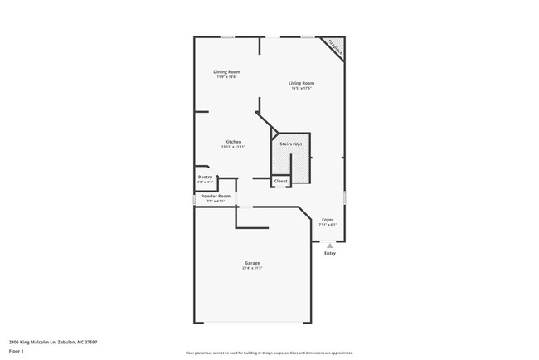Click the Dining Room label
(227, 72)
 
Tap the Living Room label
(301, 83)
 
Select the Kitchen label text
(233, 142)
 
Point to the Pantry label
(204, 177)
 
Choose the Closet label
(281, 180)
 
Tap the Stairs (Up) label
(291, 144)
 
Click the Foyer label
(328, 219)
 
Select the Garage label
(252, 263)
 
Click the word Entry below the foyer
(330, 253)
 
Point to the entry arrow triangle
(330, 246)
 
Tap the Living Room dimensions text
(301, 89)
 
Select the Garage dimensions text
(252, 269)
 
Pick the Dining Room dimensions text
(227, 77)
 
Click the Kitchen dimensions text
(233, 147)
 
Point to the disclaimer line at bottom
(269, 353)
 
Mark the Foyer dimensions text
(328, 224)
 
